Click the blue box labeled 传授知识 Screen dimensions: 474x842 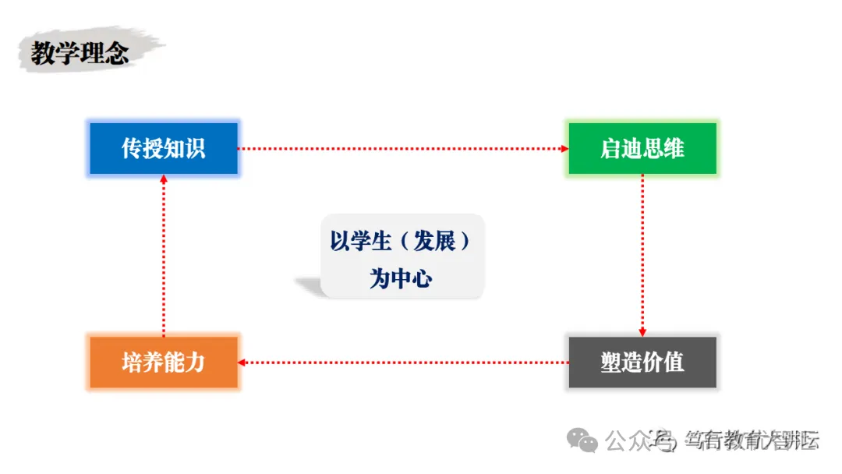(163, 148)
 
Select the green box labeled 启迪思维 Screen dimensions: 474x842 (642, 148)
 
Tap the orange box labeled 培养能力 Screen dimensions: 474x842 (163, 362)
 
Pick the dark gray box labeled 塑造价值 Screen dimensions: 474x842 (642, 362)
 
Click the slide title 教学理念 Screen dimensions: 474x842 (80, 53)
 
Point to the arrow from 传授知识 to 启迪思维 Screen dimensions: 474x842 (402, 148)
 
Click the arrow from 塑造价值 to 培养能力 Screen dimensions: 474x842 (402, 362)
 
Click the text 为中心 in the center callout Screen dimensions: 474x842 (401, 278)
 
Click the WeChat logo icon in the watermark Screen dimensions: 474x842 (583, 440)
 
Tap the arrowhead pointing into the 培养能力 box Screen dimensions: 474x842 (242, 362)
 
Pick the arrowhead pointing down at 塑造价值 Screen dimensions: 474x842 (642, 332)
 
